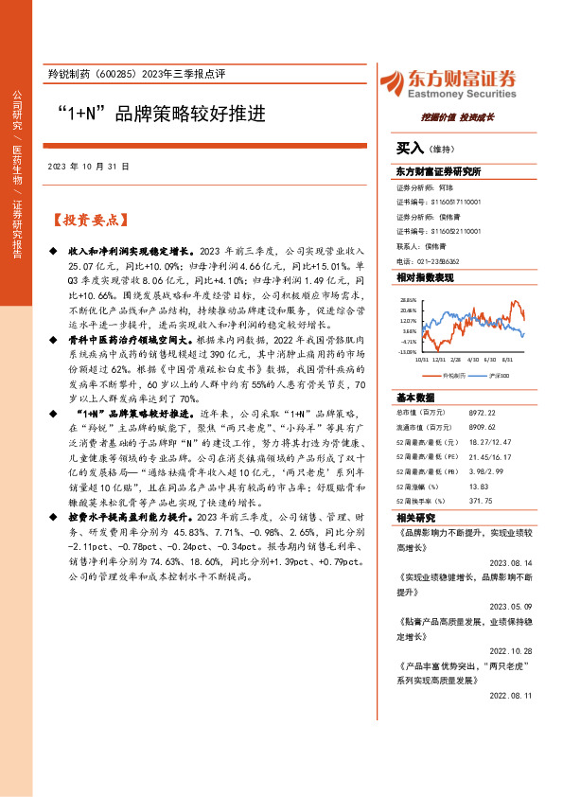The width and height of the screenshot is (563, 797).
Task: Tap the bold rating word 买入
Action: coord(410,149)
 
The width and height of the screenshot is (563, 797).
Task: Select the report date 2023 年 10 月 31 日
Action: coord(88,166)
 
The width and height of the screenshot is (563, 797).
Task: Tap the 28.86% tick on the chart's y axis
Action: coord(407,297)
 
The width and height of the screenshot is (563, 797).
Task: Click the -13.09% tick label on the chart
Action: coord(406,352)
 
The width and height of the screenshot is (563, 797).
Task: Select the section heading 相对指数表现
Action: coord(425,277)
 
